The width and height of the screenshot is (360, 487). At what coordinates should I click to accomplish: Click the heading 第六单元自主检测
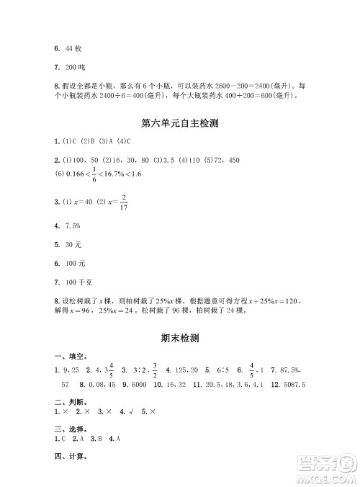180,123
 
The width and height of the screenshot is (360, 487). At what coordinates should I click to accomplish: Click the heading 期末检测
180,337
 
